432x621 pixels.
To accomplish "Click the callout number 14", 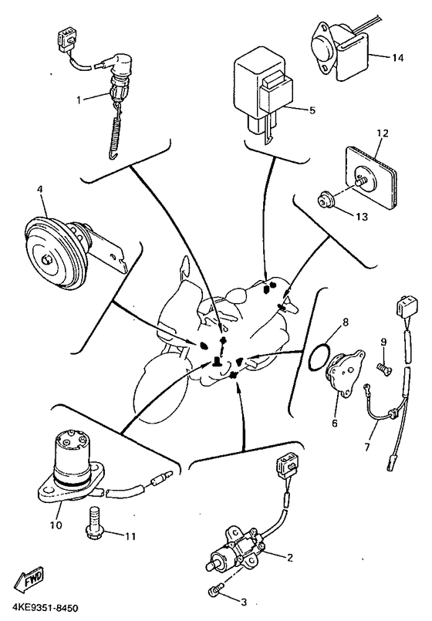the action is click(x=397, y=58).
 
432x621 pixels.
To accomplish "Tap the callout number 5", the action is click(x=312, y=110).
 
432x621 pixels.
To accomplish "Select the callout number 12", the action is click(x=382, y=133).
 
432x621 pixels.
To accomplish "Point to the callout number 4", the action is click(x=39, y=189).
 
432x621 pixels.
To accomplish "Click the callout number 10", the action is click(x=56, y=525).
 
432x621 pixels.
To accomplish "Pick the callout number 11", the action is click(x=130, y=536).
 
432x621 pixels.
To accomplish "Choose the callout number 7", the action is click(x=367, y=447).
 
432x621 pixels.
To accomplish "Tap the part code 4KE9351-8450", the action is click(x=39, y=608).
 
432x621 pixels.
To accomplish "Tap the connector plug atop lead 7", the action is click(x=406, y=305).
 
